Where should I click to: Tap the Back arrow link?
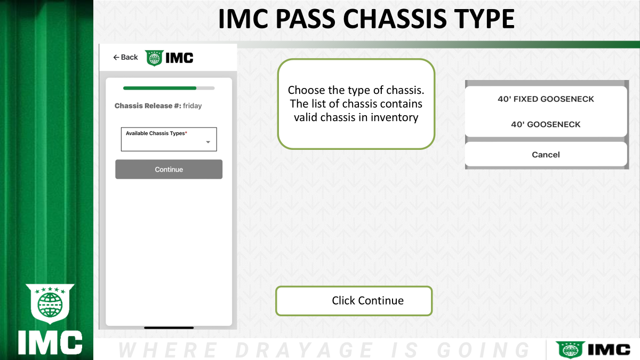(125, 58)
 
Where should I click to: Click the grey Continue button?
(169, 170)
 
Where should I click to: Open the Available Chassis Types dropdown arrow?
(208, 142)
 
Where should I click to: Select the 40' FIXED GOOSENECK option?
(546, 99)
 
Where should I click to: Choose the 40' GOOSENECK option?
(546, 125)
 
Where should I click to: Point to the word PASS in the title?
(305, 19)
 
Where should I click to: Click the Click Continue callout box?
(354, 301)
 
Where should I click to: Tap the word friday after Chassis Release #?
(193, 106)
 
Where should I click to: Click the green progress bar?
(159, 89)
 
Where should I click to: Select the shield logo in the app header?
(154, 58)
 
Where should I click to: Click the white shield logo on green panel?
(50, 303)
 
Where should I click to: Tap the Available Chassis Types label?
(156, 133)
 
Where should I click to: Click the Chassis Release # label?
(148, 106)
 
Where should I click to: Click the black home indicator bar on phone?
(169, 327)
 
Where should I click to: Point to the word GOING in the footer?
(483, 350)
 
